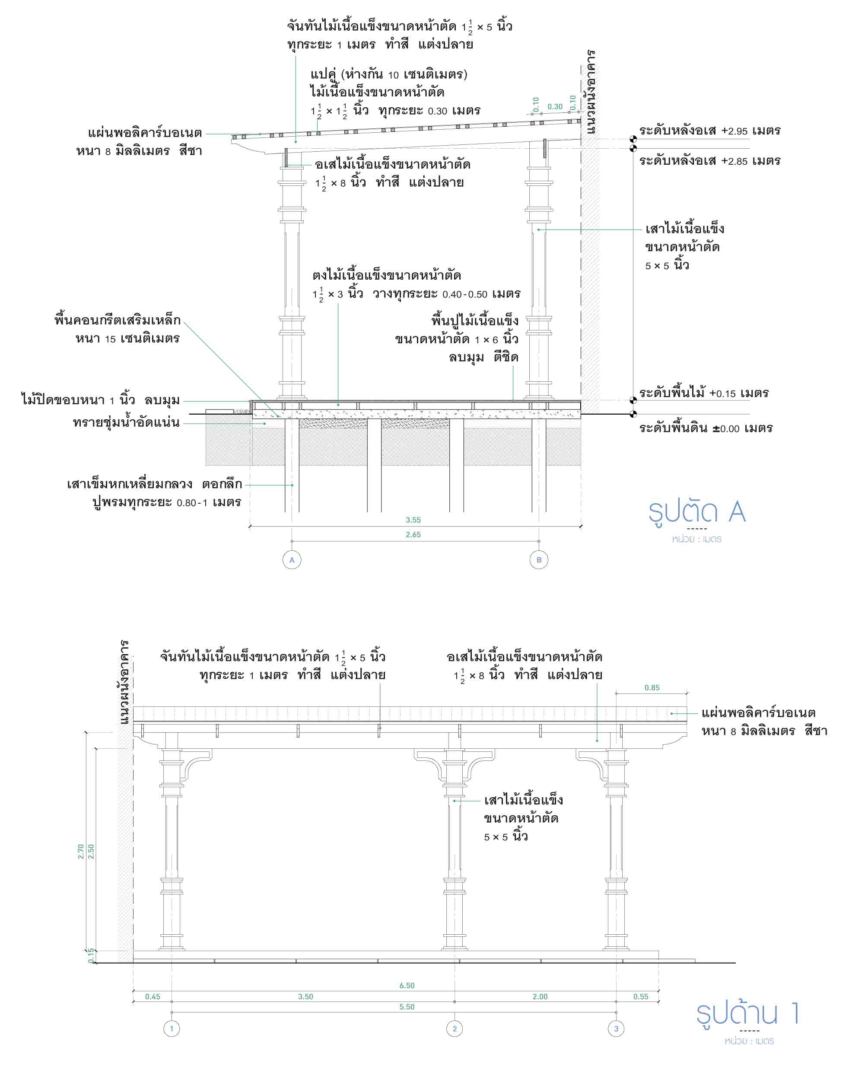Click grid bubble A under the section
point(292,560)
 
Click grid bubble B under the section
point(538,560)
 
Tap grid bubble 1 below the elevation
point(172,1028)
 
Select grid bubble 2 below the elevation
point(454,1028)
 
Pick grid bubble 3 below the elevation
point(616,1028)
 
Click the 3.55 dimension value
point(413,520)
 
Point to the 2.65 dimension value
point(413,534)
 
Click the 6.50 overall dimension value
point(407,985)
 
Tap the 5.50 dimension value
point(407,1006)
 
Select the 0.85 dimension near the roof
point(652,687)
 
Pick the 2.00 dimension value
point(540,996)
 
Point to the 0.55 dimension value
point(641,996)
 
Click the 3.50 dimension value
point(305,996)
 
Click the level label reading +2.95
point(709,131)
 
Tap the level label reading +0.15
point(704,393)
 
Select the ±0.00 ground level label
point(706,428)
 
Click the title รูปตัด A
point(697,512)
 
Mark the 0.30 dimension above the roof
point(555,107)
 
